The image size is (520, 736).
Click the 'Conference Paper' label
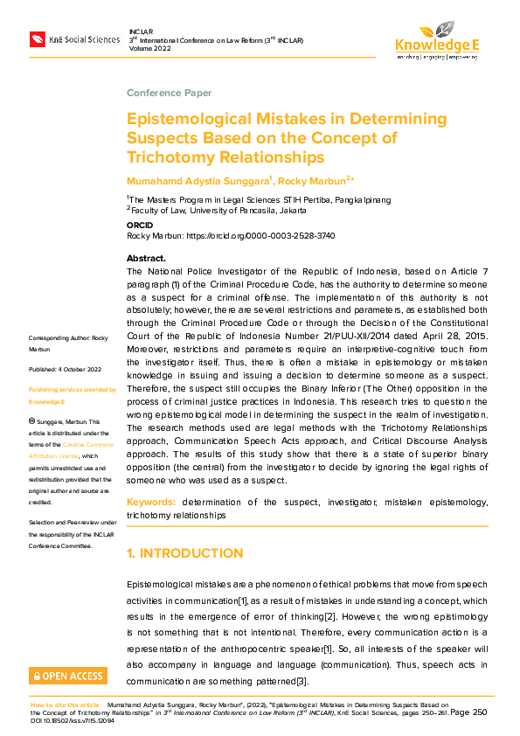pyautogui.click(x=169, y=93)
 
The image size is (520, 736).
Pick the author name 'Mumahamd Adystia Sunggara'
pyautogui.click(x=198, y=180)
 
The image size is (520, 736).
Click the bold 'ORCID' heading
pyautogui.click(x=140, y=225)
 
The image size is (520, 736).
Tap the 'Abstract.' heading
pyautogui.click(x=146, y=259)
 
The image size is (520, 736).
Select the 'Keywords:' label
pyautogui.click(x=151, y=503)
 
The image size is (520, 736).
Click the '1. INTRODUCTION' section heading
pyautogui.click(x=184, y=553)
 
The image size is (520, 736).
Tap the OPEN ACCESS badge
pyautogui.click(x=67, y=675)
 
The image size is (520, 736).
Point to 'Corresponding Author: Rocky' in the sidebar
pyautogui.click(x=68, y=337)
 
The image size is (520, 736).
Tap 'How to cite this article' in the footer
pyautogui.click(x=66, y=703)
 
